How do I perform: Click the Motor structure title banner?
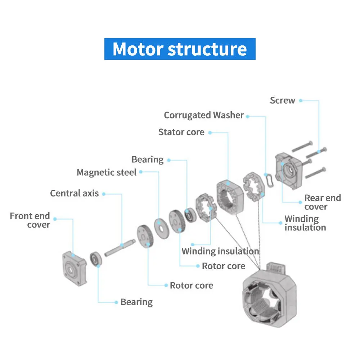180,49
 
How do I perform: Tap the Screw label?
282,100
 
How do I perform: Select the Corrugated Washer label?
204,115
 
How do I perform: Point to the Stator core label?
181,132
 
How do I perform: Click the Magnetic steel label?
107,172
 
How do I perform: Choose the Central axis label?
75,193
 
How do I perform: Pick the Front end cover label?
30,220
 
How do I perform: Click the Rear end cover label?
323,202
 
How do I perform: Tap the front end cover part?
75,269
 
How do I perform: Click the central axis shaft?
120,248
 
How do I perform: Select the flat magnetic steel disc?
162,229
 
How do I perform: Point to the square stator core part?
230,197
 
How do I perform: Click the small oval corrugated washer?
270,180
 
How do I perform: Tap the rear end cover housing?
289,171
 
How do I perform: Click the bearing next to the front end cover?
96,259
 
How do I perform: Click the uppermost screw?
302,146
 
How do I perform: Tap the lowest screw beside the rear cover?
315,173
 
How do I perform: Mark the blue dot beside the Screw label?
301,100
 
